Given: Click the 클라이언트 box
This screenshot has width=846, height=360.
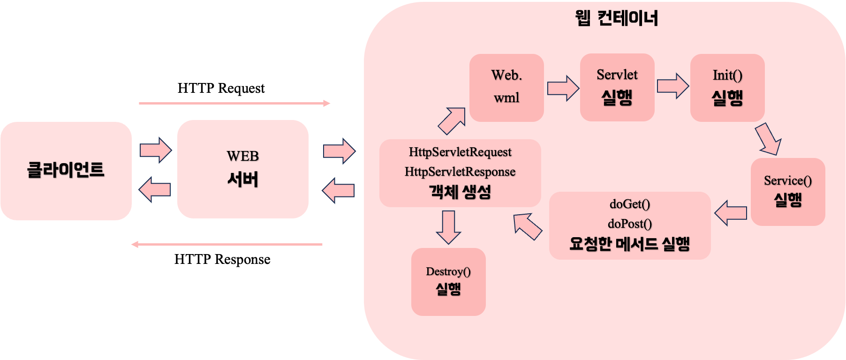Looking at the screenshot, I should click(66, 171).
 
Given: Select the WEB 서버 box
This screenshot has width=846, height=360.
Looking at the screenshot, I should click(242, 169).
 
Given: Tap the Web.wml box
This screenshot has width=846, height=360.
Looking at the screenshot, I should click(506, 87).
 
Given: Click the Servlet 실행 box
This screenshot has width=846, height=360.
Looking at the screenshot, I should click(617, 87).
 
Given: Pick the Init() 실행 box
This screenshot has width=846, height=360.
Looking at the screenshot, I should click(727, 87).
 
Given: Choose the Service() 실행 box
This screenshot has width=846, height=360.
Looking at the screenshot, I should click(788, 192).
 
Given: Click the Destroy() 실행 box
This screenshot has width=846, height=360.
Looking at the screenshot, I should click(448, 282).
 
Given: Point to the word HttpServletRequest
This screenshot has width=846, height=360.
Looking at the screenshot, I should click(460, 152).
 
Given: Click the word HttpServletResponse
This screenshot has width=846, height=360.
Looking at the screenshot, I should click(460, 172).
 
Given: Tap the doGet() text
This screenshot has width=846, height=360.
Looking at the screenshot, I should click(630, 204).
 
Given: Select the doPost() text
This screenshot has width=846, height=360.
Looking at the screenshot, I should click(630, 224).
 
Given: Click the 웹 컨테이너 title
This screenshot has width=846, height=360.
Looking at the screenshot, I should click(616, 18).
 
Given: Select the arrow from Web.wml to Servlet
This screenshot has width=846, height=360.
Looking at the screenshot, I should click(563, 88).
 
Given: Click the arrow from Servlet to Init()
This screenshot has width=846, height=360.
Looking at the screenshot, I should click(672, 86).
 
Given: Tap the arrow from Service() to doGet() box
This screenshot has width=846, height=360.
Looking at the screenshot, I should click(730, 213).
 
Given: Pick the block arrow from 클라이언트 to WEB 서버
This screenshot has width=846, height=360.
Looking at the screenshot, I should click(156, 150).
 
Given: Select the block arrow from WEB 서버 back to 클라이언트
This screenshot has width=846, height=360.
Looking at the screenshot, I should click(155, 189).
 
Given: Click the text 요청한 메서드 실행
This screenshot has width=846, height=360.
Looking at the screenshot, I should click(630, 244).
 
